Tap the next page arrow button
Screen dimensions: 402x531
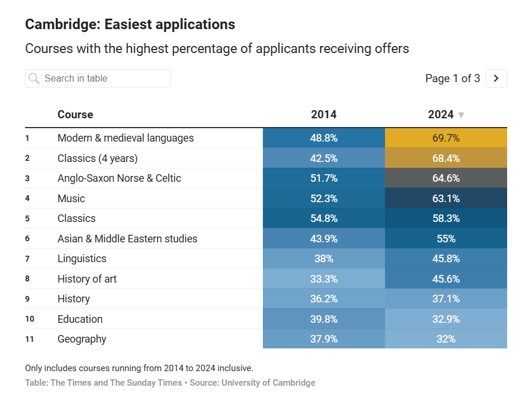click(496, 79)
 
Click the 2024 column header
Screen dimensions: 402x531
click(440, 115)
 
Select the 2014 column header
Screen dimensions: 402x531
click(323, 115)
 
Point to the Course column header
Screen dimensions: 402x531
click(75, 115)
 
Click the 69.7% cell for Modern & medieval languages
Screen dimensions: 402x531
click(446, 138)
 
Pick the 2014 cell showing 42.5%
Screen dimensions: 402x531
click(323, 158)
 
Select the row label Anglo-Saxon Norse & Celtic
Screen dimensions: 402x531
click(119, 178)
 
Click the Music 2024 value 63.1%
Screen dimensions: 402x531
click(446, 199)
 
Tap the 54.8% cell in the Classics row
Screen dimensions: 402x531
click(323, 218)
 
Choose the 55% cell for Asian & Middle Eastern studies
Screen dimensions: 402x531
click(446, 239)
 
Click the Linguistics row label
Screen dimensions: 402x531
click(82, 259)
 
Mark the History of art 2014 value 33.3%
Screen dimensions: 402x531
click(323, 279)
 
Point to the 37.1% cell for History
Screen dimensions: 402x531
click(446, 299)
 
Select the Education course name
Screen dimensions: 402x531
click(80, 319)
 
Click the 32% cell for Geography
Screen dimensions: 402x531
click(446, 339)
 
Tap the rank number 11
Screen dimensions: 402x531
click(30, 339)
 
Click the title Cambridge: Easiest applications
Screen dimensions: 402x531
click(130, 24)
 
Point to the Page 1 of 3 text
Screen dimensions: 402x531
click(452, 79)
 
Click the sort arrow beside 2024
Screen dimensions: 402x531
click(461, 115)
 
